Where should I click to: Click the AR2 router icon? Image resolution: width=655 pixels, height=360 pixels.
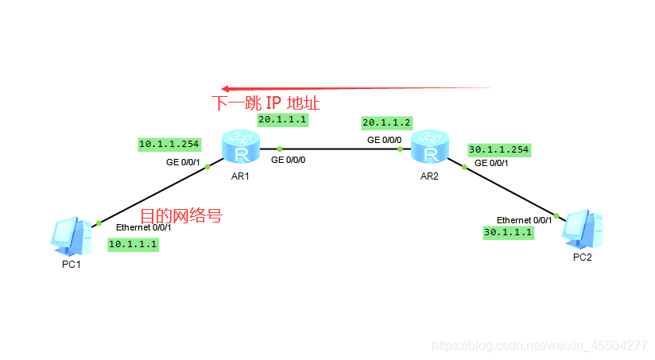coord(430,148)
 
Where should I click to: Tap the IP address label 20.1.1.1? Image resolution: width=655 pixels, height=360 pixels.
coord(282,120)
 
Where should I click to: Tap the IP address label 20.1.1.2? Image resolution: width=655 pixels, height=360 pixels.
coord(386,123)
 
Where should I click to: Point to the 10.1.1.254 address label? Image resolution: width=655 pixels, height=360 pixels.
coord(169,144)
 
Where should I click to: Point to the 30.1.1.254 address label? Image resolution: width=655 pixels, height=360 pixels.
coord(498,149)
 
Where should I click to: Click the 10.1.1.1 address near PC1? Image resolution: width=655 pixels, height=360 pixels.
coord(134,245)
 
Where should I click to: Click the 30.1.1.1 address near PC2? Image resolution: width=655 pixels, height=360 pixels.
coord(507,232)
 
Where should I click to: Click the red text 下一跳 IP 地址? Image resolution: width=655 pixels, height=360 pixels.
coord(265,103)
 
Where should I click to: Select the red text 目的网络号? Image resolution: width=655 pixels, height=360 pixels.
coord(180,216)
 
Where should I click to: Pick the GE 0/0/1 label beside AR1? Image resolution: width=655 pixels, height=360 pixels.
coord(183,162)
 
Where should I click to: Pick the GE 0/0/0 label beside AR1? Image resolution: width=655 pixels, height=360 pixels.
coord(288,160)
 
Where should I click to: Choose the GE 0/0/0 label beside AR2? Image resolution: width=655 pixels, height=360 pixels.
coord(384,139)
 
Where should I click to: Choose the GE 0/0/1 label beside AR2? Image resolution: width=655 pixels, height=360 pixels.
coord(491,163)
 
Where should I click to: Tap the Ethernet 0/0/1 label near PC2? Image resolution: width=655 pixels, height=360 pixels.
coord(524,219)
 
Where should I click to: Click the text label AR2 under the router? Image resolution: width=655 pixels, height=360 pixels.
coord(430,176)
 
